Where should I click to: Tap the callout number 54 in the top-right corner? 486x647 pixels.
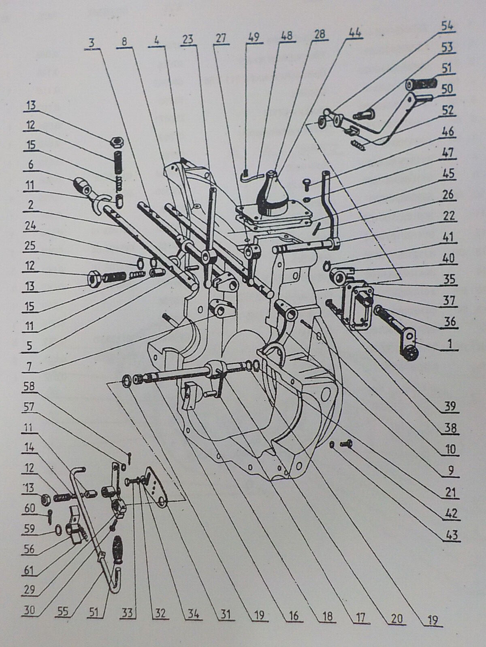(x=448, y=27)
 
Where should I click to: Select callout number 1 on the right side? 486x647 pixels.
(x=450, y=344)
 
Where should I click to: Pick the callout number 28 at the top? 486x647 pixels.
(x=320, y=35)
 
